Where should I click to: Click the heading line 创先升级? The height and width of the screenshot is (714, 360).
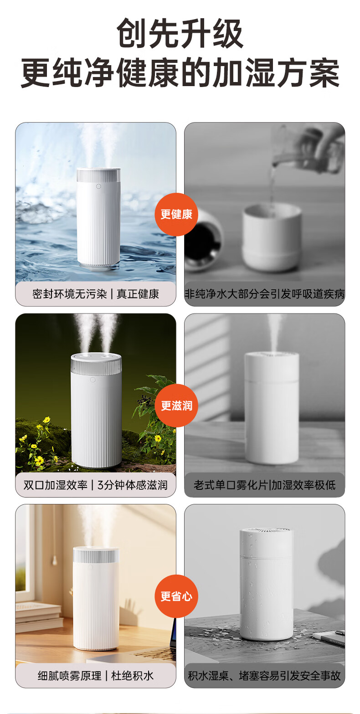[180, 33]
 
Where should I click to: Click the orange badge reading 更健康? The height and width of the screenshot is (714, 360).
[176, 214]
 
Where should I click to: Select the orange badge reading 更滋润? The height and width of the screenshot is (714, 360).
[176, 406]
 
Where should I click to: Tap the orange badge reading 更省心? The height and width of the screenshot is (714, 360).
[176, 596]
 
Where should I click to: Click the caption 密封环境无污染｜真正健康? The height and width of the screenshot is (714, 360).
[96, 294]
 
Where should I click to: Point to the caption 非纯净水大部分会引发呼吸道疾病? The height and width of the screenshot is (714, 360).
[265, 294]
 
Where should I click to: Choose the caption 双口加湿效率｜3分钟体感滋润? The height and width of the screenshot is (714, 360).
[96, 485]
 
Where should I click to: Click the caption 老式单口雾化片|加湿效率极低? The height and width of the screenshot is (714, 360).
[265, 485]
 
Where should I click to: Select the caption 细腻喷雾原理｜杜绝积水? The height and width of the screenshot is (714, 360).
[96, 675]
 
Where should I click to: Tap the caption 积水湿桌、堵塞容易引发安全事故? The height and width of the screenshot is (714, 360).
[265, 675]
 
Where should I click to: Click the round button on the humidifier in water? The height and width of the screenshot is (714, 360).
[98, 186]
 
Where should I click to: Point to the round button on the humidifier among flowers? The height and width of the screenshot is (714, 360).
[93, 380]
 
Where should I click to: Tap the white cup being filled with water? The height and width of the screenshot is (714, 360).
[271, 237]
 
